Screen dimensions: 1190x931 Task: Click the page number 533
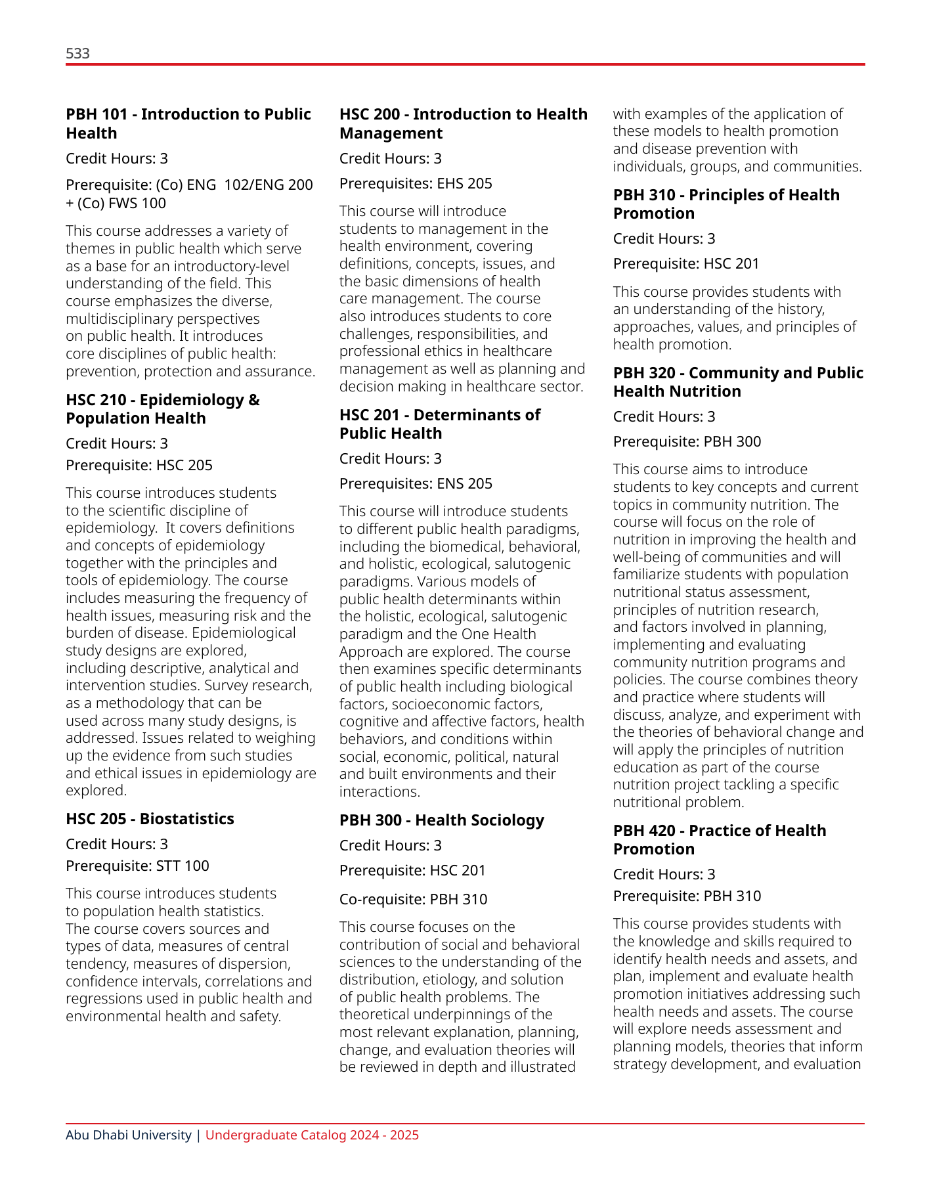[77, 54]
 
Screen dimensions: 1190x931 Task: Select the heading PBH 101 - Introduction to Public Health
[188, 123]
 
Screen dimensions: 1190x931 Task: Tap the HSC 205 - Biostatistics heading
[150, 819]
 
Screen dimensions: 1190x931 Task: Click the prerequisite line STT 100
[137, 866]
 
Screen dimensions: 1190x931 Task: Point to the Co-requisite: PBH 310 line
[413, 900]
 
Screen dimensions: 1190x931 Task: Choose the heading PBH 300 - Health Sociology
[441, 820]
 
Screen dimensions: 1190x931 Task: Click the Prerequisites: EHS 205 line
[416, 184]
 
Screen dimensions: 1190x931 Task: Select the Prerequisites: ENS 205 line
[416, 484]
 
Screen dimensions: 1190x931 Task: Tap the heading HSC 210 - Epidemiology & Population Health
[162, 409]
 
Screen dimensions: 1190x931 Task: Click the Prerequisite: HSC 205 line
[139, 466]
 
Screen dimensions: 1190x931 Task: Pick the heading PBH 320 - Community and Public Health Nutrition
[738, 382]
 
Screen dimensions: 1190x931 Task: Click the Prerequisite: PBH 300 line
[687, 442]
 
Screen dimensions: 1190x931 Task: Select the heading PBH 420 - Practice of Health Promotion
[720, 840]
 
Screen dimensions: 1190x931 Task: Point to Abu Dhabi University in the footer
[128, 1135]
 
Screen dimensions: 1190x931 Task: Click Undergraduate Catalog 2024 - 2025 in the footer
[312, 1135]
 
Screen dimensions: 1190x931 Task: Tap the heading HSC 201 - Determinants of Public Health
[440, 424]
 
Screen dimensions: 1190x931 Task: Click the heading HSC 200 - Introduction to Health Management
[463, 123]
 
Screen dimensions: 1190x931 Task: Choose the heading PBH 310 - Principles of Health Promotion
[726, 204]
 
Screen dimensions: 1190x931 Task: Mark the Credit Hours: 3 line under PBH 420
[664, 875]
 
